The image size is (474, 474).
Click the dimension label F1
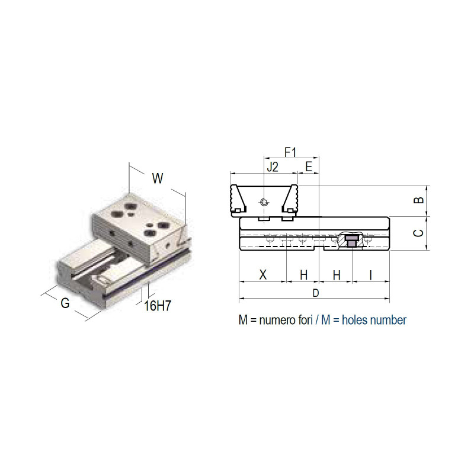(x=290, y=152)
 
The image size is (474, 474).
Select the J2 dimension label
(x=273, y=167)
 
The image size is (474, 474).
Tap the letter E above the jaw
(x=309, y=167)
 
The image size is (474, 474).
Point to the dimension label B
(x=419, y=200)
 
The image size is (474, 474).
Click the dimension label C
(x=419, y=233)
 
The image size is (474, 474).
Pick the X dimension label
(x=263, y=275)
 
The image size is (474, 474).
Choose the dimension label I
(x=371, y=275)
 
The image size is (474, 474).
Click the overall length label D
(x=316, y=293)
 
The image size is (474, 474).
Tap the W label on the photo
(x=158, y=178)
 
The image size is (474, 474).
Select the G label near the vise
(x=65, y=303)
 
